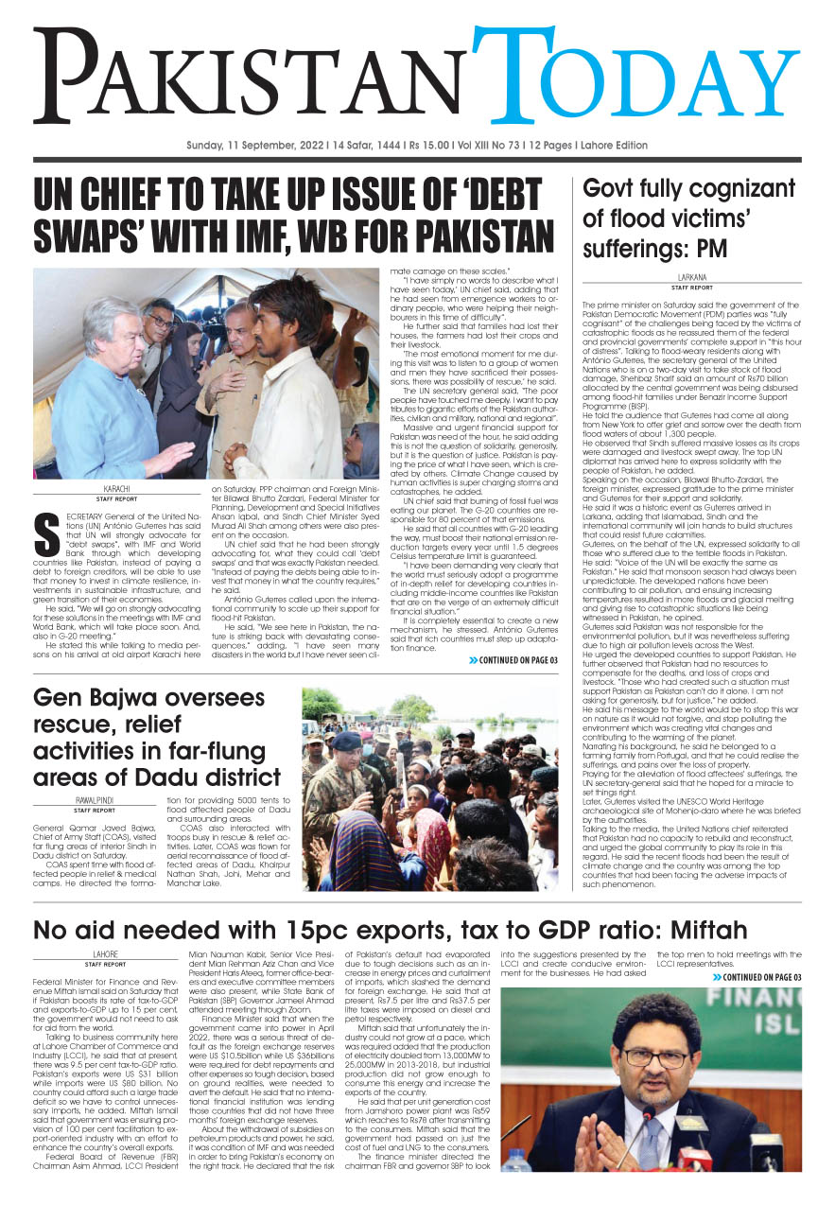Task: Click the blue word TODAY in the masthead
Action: [643, 85]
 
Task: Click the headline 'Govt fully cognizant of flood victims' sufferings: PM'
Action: [675, 219]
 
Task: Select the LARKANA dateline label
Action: [691, 277]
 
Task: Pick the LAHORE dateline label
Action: [105, 953]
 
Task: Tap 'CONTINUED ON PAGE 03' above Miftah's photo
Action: [757, 977]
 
